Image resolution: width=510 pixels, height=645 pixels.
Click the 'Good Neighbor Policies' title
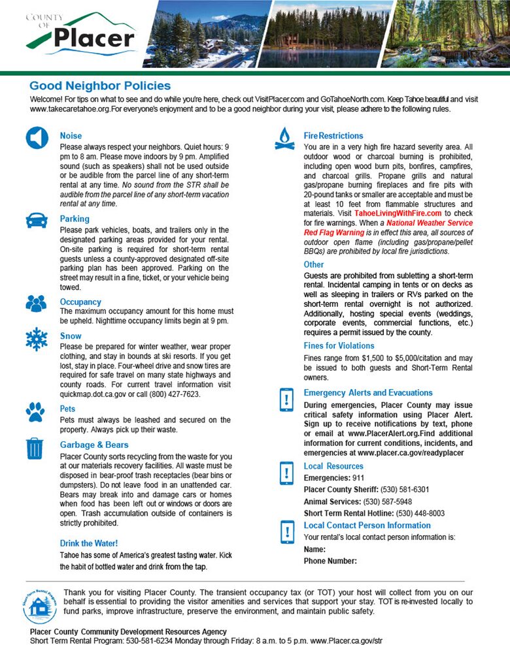(x=100, y=86)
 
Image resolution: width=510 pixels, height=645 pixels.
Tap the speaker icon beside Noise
(x=37, y=138)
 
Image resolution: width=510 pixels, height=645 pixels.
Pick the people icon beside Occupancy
(x=36, y=303)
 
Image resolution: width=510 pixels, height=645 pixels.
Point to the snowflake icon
(x=36, y=339)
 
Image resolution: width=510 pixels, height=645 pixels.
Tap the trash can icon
(x=35, y=448)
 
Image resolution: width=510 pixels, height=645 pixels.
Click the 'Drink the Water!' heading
(x=89, y=543)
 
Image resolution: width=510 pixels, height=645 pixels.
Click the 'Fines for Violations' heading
(x=339, y=346)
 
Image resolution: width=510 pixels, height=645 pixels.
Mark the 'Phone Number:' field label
(x=330, y=561)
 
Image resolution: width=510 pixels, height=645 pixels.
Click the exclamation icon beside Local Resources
(x=286, y=471)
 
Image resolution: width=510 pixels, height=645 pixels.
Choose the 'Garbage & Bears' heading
(x=94, y=445)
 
